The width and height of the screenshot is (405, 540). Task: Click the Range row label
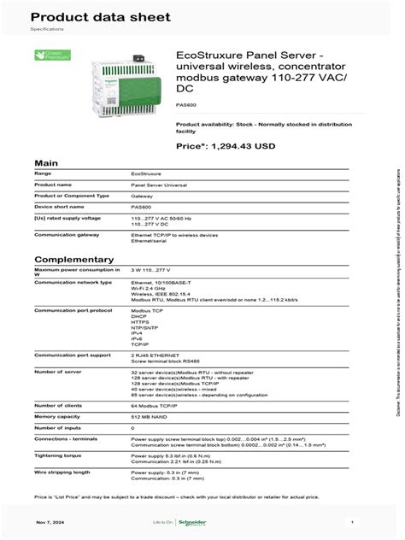pos(43,173)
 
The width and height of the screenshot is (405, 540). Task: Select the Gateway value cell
pos(142,196)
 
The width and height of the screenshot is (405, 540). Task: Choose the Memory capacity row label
pos(57,416)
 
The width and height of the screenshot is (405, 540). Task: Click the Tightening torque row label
pos(60,455)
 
